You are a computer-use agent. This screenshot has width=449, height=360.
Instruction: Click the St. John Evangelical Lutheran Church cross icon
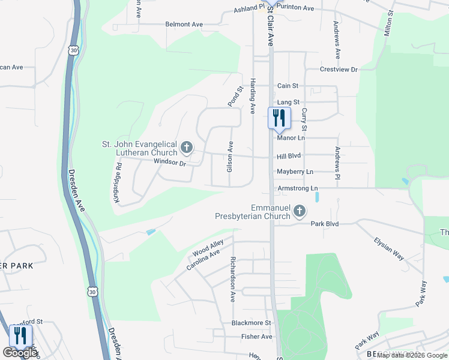[187, 147]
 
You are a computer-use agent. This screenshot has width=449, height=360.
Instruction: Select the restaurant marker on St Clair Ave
[279, 118]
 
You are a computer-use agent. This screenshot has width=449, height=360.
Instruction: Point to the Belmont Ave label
[184, 25]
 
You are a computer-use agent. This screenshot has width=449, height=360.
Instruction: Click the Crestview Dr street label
[339, 70]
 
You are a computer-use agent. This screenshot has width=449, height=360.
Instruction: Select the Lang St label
[288, 103]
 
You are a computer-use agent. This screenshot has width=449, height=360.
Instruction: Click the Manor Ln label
[291, 138]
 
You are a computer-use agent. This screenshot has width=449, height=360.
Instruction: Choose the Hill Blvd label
[289, 155]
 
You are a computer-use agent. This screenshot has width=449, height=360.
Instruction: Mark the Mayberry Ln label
[295, 172]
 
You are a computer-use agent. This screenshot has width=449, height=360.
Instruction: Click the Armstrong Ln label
[297, 188]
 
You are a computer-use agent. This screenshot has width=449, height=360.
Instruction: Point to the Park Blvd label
[325, 224]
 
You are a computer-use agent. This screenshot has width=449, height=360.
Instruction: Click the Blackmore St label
[252, 323]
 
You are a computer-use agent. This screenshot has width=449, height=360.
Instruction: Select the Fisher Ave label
[257, 337]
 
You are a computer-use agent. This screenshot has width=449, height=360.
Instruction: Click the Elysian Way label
[388, 248]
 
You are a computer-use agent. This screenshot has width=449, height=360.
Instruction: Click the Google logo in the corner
[20, 353]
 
